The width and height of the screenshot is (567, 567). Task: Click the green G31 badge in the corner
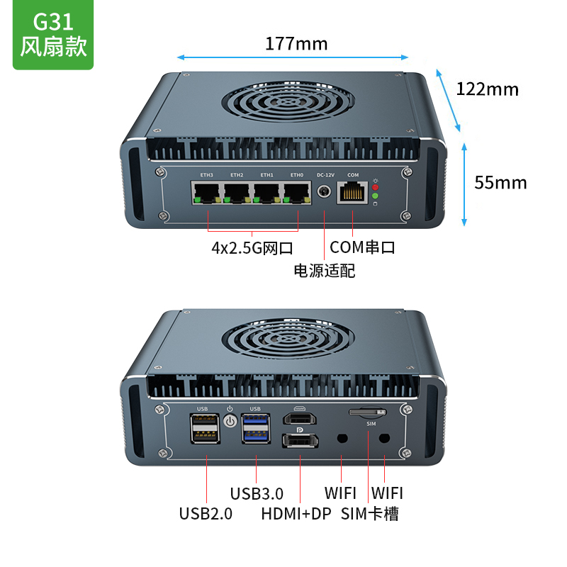(53, 35)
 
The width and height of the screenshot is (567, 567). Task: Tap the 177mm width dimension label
(296, 44)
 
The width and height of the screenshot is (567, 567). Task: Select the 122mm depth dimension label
(487, 89)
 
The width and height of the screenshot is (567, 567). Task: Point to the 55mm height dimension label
(500, 183)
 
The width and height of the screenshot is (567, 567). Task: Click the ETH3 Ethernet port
(207, 192)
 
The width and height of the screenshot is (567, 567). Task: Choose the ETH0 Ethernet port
(296, 192)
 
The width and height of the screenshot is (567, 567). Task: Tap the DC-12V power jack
(325, 192)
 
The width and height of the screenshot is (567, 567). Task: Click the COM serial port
(353, 191)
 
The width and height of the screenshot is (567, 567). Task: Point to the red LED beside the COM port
(376, 186)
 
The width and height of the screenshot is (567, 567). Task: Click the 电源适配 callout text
(325, 270)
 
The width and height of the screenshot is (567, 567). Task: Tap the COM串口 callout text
(362, 248)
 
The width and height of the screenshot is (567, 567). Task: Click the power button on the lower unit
(230, 422)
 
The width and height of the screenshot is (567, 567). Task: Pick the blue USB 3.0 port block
(255, 427)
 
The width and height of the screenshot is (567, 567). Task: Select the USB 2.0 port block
(203, 427)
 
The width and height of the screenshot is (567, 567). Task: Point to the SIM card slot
(368, 412)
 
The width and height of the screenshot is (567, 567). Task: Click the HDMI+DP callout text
(296, 514)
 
